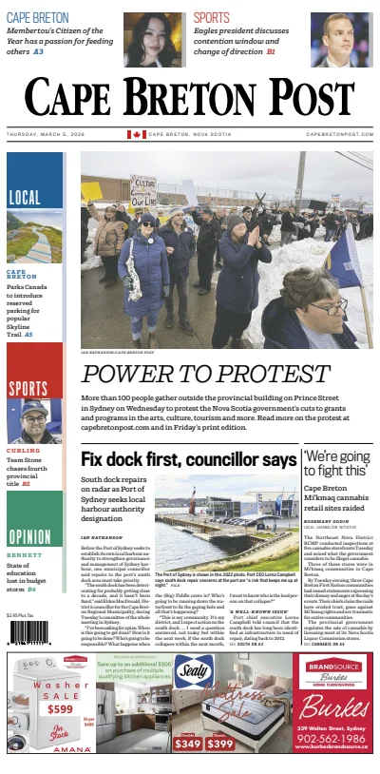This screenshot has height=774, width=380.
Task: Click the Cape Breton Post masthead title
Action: click(190, 96)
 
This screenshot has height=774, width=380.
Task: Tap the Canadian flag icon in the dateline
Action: click(136, 134)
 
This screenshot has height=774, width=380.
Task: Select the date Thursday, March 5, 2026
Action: click(47, 134)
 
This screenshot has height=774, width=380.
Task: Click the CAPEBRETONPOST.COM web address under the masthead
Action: click(340, 134)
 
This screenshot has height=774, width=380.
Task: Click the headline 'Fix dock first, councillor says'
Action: click(189, 459)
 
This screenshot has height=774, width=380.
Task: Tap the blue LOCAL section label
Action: click(25, 198)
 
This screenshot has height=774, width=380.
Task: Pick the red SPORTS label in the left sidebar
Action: click(28, 387)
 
